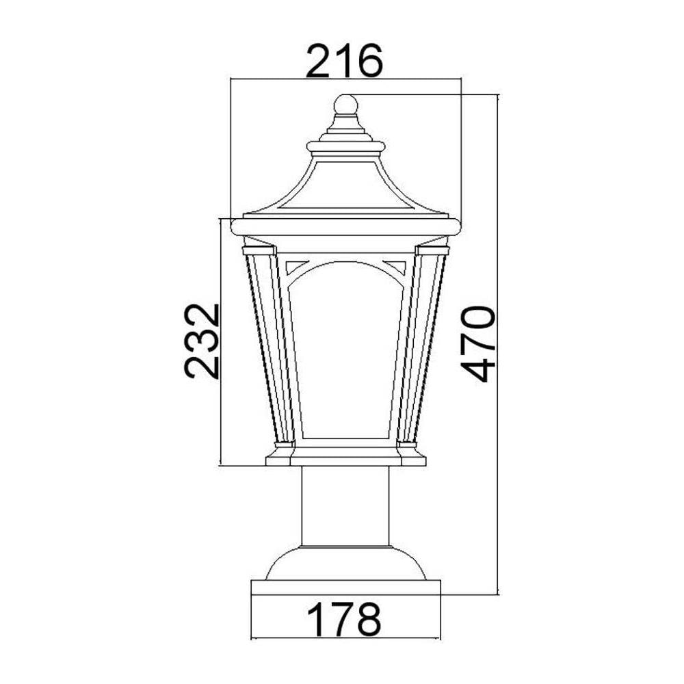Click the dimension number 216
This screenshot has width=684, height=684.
pos(344,61)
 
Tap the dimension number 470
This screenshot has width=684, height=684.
pos(479,344)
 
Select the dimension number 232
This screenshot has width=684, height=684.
pos(201,341)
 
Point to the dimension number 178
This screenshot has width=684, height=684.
pos(344,619)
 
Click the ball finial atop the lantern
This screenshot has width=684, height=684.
pos(345,105)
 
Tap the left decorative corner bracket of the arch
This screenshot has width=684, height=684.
pos(297,266)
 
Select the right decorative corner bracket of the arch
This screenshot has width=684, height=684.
pos(395,266)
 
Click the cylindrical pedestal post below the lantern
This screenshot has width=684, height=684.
pos(345,506)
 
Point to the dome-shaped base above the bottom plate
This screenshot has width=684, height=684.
pos(345,563)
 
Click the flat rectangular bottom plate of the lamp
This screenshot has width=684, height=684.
pos(345,588)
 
